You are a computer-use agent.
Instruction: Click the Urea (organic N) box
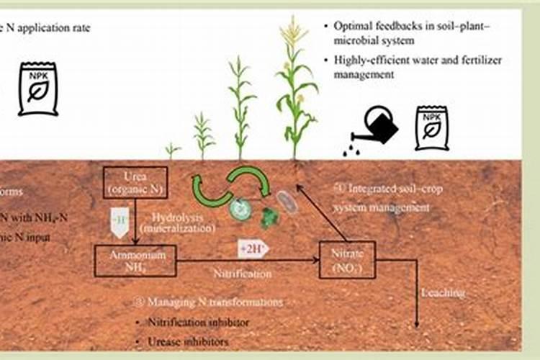click(135, 183)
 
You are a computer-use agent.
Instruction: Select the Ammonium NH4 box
click(136, 261)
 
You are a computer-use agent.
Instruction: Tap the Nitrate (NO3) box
click(347, 260)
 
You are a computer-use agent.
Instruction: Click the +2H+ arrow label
click(253, 250)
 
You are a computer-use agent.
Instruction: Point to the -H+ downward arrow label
click(120, 218)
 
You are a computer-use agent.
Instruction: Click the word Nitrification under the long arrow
click(243, 274)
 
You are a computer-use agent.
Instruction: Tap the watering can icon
click(377, 126)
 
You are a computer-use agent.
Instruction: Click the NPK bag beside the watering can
click(431, 127)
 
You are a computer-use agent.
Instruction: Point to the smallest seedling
click(171, 150)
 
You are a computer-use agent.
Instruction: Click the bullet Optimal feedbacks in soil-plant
click(411, 25)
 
